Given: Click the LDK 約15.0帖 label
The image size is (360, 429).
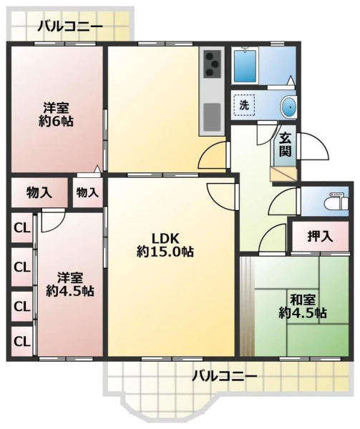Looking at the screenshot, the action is click(165, 245).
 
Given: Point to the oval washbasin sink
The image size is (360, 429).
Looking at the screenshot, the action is click(288, 107).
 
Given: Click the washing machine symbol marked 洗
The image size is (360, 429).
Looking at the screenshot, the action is click(244, 105).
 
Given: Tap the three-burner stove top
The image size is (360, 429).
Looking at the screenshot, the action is click(212, 64).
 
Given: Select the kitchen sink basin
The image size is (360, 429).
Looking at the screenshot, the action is click(212, 117).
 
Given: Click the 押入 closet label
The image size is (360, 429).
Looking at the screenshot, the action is click(320, 237).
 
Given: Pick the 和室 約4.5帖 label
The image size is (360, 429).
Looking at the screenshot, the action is click(303, 307).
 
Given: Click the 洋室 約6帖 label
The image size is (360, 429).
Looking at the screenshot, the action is click(56, 114).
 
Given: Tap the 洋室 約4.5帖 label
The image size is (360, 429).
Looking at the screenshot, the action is click(70, 285).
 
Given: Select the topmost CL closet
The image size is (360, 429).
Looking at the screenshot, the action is click(22, 228).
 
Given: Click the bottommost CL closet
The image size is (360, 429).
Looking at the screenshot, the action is click(22, 341).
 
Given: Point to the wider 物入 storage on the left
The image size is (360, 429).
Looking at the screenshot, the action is click(39, 192).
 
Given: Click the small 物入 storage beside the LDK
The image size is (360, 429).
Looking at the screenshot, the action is click(87, 192).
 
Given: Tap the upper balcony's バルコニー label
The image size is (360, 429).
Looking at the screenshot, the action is click(70, 27).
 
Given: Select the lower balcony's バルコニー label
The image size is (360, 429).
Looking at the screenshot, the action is click(225, 377).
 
